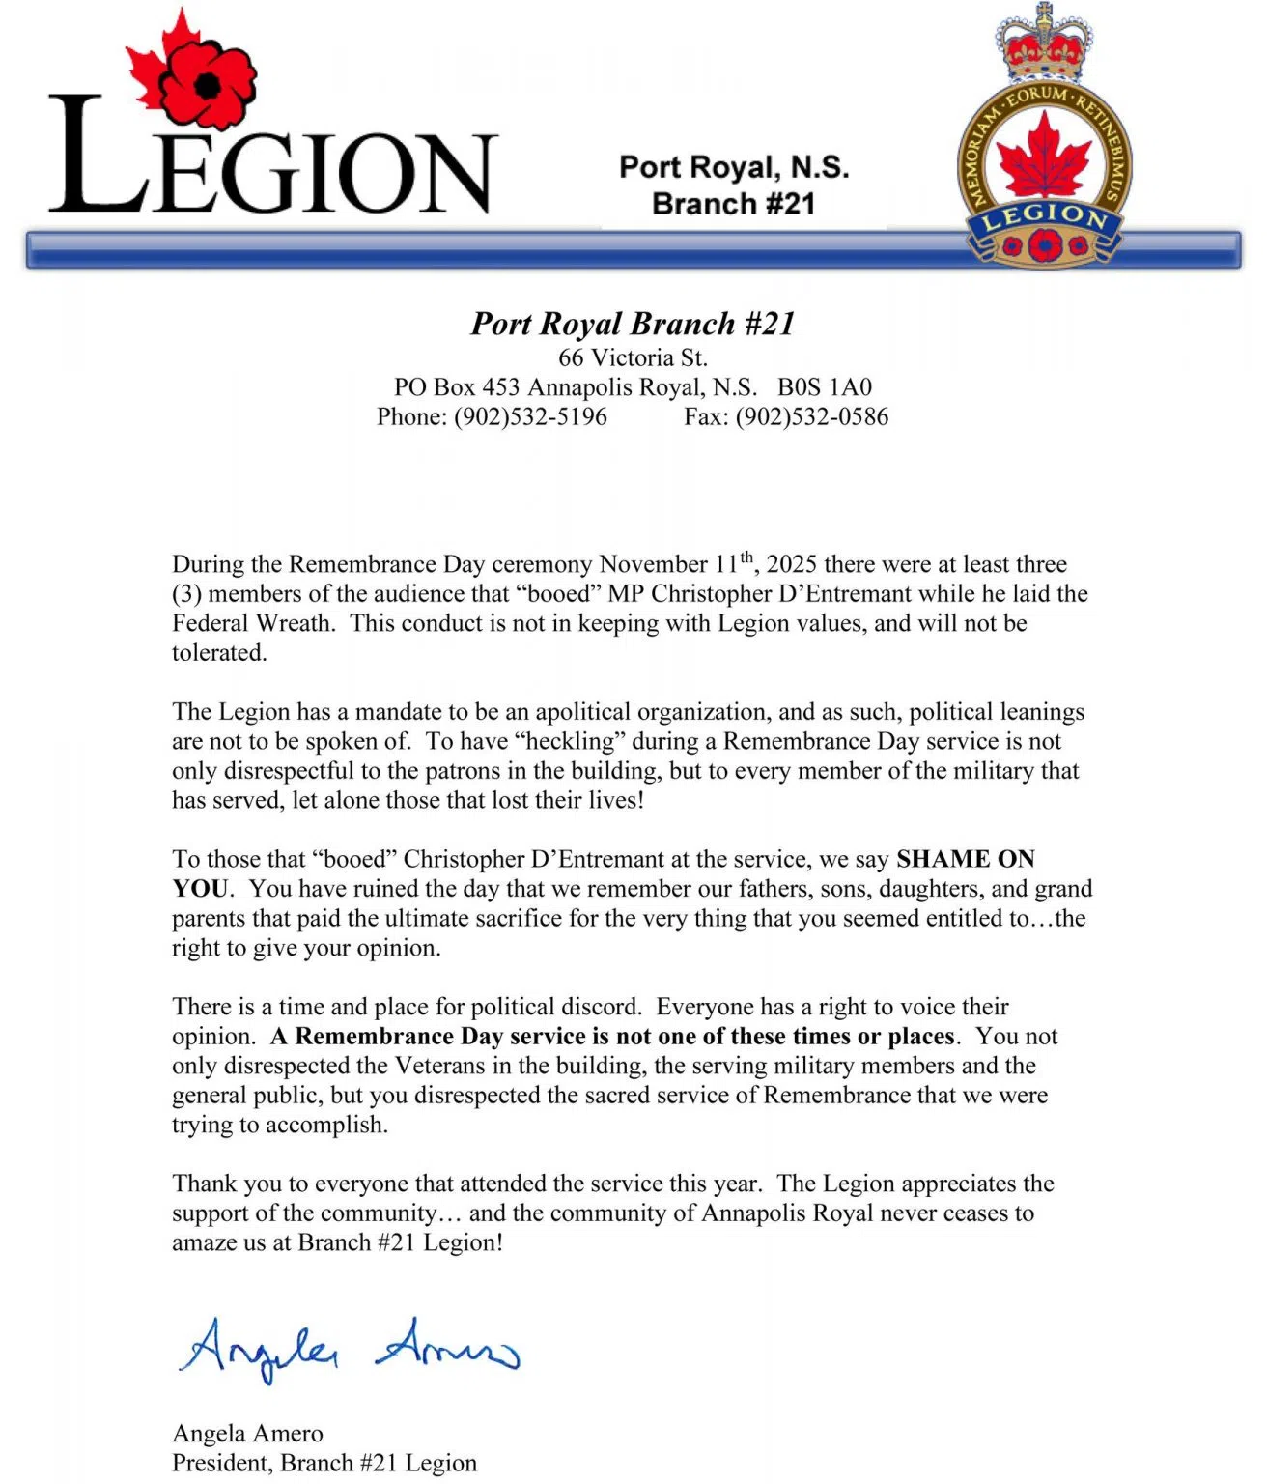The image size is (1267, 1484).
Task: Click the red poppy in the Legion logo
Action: pyautogui.click(x=207, y=84)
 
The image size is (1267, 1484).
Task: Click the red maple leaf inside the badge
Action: pyautogui.click(x=1043, y=157)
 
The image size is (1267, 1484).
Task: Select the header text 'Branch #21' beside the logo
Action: pyautogui.click(x=733, y=204)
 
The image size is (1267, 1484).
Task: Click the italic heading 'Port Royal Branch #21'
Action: pyautogui.click(x=633, y=324)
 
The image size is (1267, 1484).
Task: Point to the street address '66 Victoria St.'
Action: pyautogui.click(x=633, y=357)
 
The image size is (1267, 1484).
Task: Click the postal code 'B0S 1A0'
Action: pyautogui.click(x=825, y=387)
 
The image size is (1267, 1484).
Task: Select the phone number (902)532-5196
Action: pyautogui.click(x=530, y=416)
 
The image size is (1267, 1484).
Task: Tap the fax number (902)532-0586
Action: pyautogui.click(x=811, y=416)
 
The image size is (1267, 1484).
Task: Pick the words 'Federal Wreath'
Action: pyautogui.click(x=253, y=623)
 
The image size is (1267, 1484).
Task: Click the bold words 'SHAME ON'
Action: pyautogui.click(x=965, y=859)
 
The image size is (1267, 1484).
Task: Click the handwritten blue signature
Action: pyautogui.click(x=348, y=1349)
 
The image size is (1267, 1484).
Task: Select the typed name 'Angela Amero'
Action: pyautogui.click(x=247, y=1433)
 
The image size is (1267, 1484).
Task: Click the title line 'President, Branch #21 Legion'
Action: pyautogui.click(x=324, y=1463)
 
